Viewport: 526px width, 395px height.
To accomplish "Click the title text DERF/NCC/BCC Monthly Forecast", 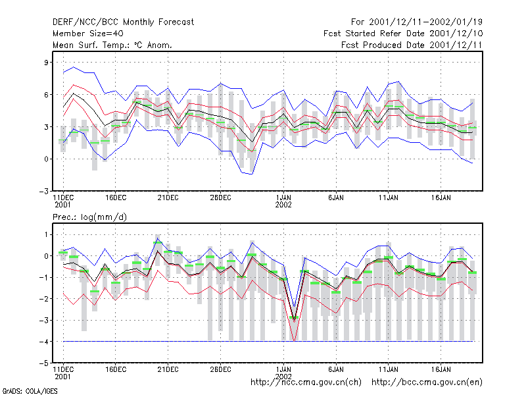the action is [123, 22].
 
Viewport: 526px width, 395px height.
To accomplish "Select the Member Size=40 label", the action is [88, 34].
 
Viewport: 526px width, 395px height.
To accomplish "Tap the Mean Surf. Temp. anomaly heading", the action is [112, 45].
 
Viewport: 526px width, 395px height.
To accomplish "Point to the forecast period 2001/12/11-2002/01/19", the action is [417, 22].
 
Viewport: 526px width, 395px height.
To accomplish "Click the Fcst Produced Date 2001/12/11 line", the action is [412, 45].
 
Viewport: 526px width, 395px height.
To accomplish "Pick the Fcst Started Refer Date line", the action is [403, 34].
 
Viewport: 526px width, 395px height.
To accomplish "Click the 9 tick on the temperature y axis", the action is [46, 62].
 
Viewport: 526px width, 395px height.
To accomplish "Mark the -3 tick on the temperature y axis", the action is [44, 191].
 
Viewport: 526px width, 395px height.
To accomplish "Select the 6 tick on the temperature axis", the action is [46, 94].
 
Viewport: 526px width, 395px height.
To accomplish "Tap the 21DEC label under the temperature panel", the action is [168, 197].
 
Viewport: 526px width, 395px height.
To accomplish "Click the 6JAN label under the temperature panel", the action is [336, 197].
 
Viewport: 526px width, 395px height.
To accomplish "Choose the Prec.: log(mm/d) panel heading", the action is [89, 217].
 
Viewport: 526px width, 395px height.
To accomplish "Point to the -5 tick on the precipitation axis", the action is [44, 363].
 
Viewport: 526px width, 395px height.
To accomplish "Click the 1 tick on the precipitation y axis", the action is [46, 234].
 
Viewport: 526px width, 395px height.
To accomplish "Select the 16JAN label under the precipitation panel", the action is [441, 369].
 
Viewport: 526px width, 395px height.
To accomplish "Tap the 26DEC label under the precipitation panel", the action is [220, 369].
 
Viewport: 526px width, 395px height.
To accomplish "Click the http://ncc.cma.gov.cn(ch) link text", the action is [306, 382].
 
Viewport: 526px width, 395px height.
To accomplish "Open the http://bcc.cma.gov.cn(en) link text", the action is [427, 382].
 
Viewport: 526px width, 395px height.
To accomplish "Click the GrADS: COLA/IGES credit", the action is [30, 391].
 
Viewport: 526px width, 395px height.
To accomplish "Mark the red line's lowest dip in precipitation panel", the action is [294, 341].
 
